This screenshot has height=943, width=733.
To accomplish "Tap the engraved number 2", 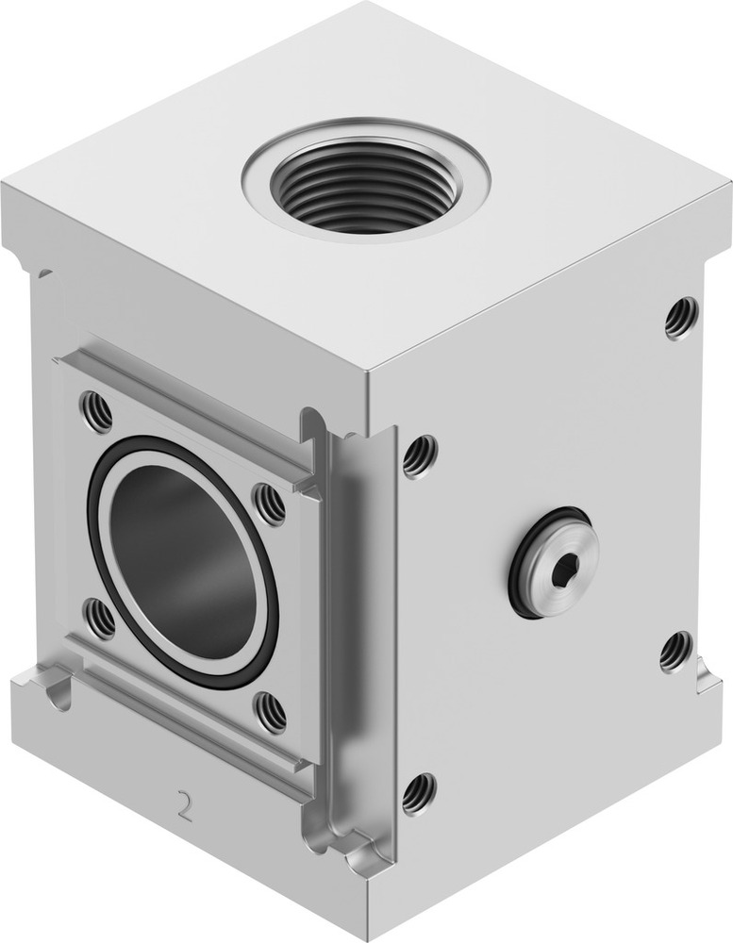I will (x=184, y=806).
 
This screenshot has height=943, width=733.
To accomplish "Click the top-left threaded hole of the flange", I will (x=96, y=411).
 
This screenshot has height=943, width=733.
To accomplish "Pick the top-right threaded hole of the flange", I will (x=270, y=505).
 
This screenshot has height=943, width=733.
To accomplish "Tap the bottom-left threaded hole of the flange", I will (x=99, y=619).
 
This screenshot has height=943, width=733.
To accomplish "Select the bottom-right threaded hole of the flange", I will (x=271, y=713).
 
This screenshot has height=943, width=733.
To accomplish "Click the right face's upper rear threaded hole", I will (x=681, y=318).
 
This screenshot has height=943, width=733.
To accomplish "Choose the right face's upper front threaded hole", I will (x=420, y=455).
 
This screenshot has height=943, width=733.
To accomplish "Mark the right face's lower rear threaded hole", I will (x=675, y=652).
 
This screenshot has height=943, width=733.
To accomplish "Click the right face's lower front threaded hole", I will (x=419, y=793).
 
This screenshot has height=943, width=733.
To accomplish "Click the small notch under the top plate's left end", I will (x=42, y=273).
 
